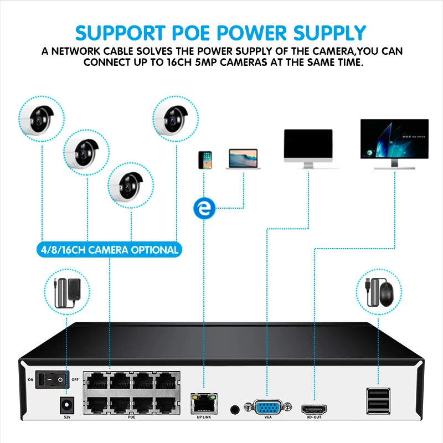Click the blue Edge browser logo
(205, 209)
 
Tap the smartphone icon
(204, 159)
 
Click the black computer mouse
(386, 292)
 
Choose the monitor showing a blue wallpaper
(395, 143)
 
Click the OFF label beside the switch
(74, 380)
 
